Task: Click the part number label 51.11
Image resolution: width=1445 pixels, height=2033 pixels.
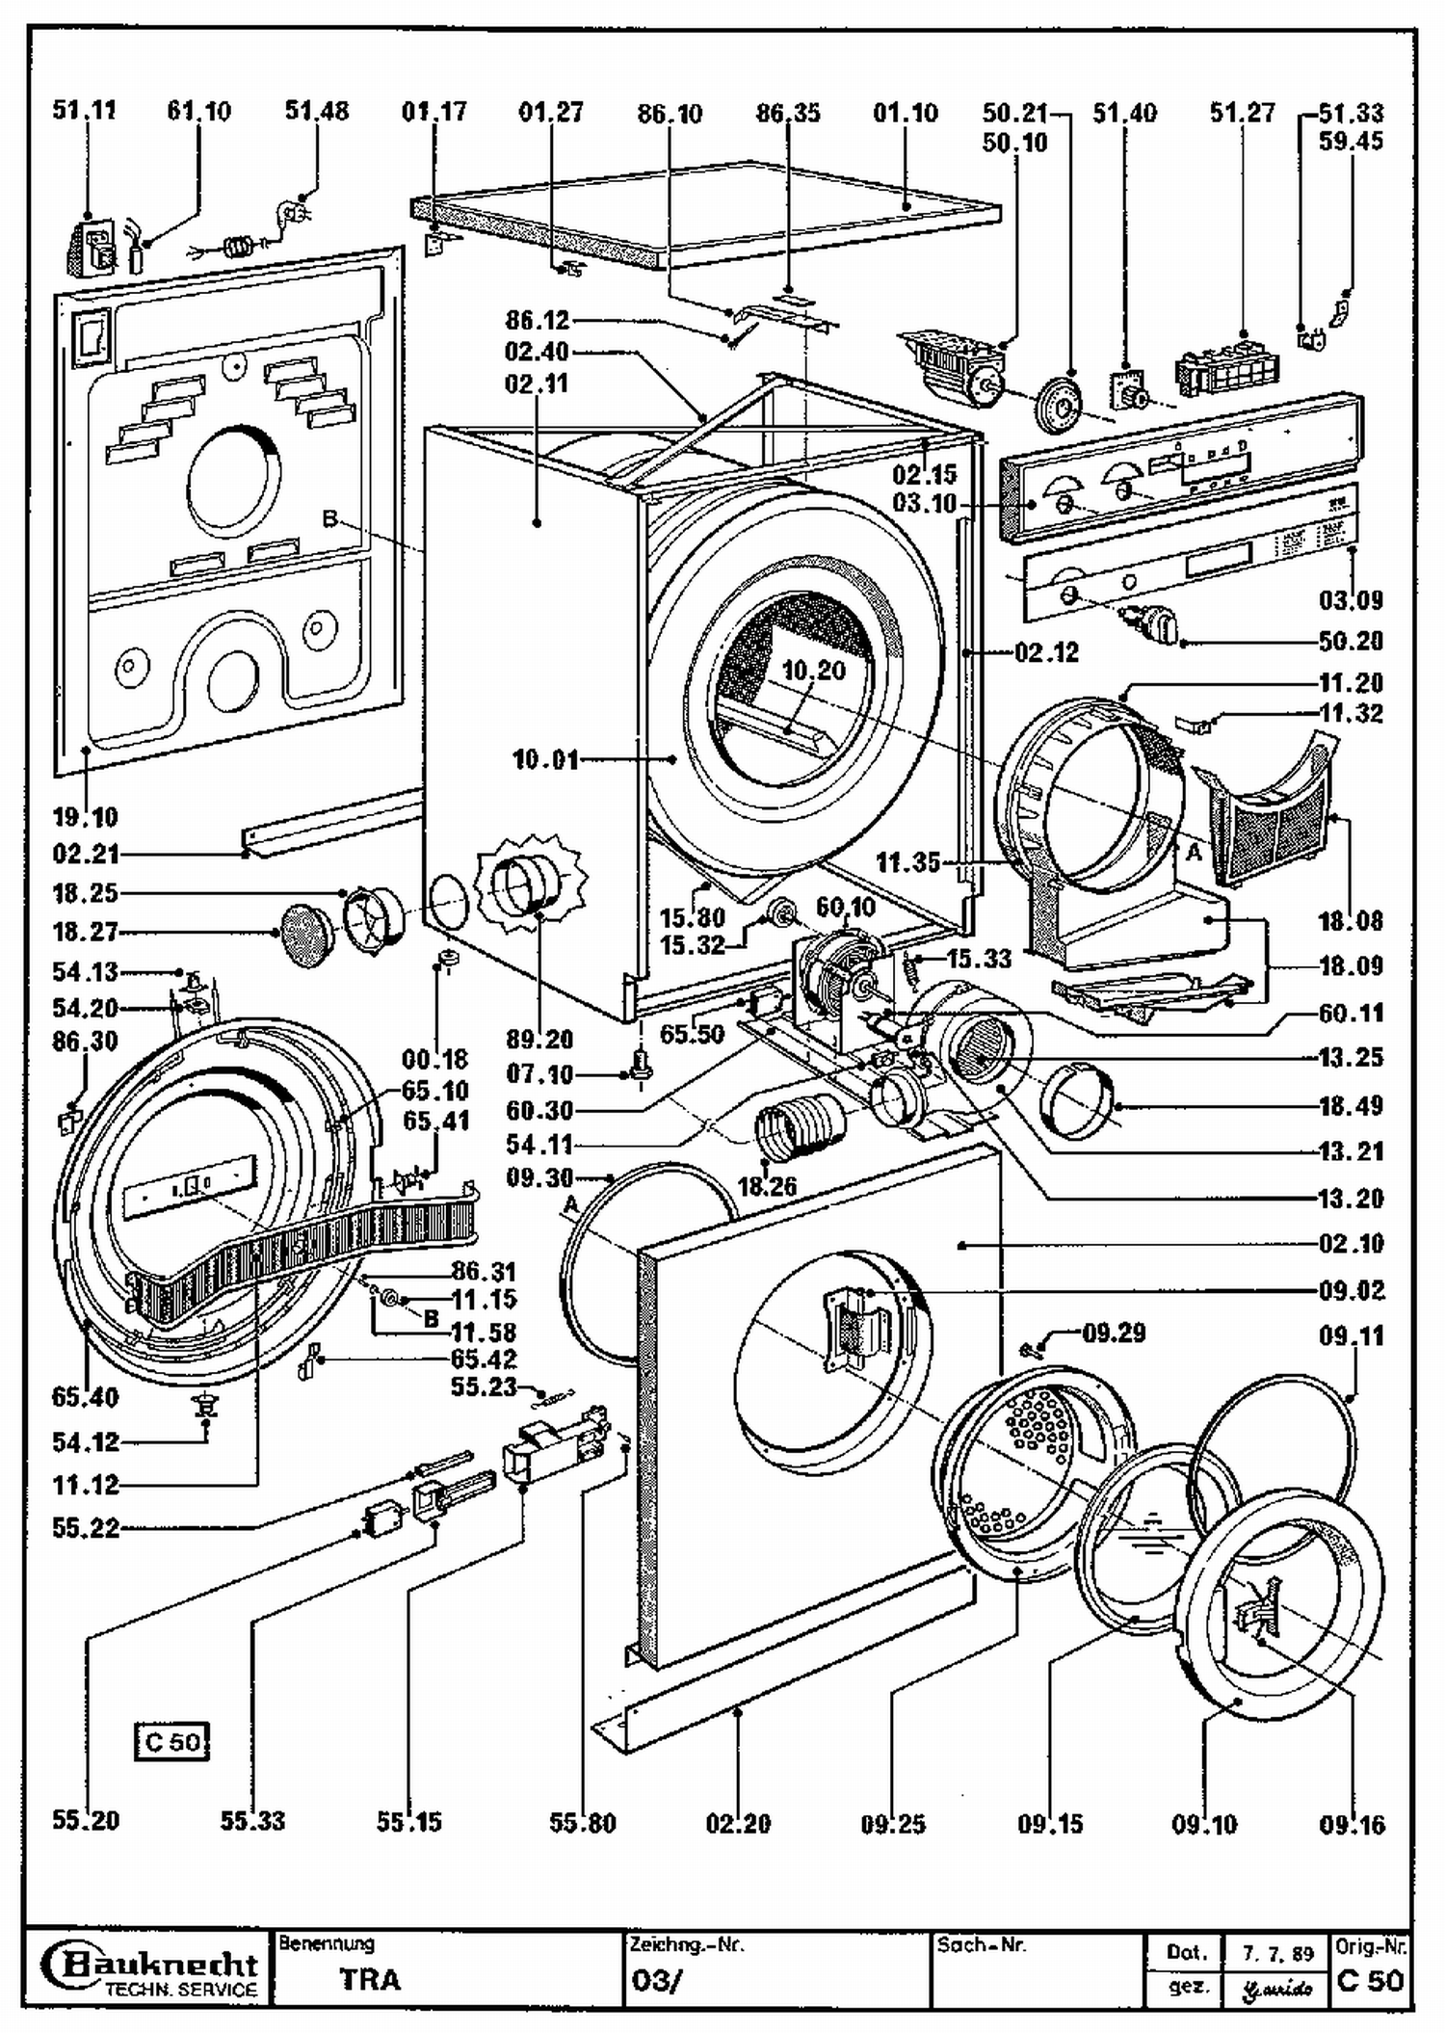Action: (84, 111)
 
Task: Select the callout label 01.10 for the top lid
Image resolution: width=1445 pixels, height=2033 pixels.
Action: (906, 114)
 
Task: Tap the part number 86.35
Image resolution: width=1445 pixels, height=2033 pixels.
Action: (788, 114)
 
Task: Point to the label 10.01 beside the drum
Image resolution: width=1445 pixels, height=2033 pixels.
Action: (545, 760)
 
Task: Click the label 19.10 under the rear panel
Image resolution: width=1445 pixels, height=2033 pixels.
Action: (86, 817)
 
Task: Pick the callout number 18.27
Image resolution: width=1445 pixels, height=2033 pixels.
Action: (85, 932)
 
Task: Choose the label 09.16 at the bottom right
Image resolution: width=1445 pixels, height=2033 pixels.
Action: (1352, 1823)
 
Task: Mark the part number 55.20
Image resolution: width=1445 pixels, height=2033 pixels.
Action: (86, 1820)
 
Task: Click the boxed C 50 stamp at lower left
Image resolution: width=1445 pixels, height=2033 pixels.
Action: (171, 1742)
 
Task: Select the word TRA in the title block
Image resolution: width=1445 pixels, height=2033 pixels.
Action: (369, 1979)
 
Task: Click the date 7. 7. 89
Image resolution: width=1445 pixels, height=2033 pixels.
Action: (1278, 1954)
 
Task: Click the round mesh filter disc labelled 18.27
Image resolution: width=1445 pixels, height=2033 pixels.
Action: (305, 935)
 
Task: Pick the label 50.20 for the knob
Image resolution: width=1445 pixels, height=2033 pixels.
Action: (1351, 641)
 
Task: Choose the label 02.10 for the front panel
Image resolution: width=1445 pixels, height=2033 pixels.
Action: (1351, 1244)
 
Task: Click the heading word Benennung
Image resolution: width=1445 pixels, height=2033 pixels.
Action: (326, 1944)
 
